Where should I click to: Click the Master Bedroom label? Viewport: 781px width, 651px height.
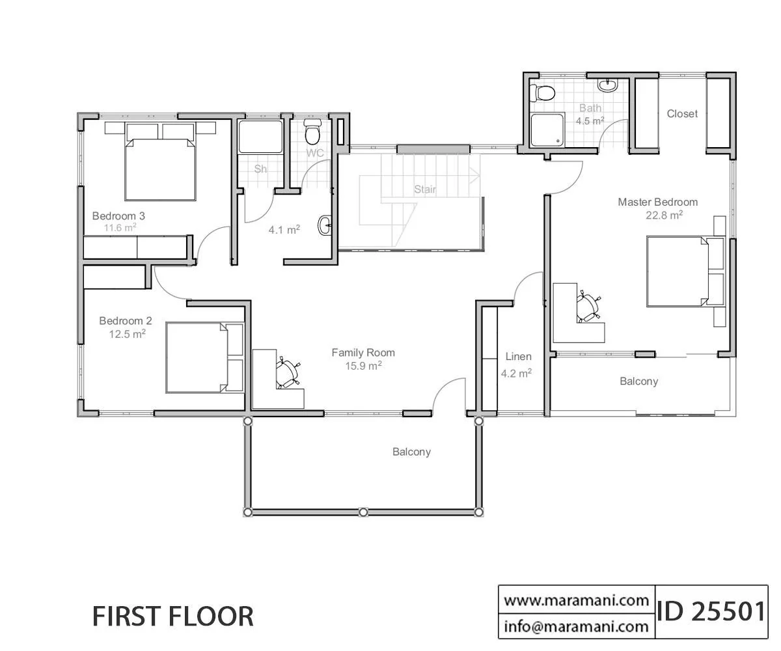point(657,202)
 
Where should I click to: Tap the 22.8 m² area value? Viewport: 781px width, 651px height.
point(664,215)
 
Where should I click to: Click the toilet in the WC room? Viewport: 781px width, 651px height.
point(312,132)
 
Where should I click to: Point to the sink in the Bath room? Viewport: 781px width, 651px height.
point(608,85)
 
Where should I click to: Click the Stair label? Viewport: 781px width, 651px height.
point(425,189)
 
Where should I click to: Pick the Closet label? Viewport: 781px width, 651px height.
point(682,114)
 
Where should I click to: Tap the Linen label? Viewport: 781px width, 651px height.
point(519,357)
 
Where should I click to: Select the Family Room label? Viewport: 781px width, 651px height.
point(363,353)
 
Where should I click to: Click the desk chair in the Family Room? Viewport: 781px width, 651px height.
point(287,372)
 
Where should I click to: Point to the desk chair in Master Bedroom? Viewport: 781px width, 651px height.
point(588,307)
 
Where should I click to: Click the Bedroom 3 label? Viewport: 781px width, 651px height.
point(118,216)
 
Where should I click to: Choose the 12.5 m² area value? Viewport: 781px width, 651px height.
point(127,334)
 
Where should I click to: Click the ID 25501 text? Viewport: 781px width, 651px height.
point(711,612)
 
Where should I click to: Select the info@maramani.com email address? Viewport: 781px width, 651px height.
point(576,626)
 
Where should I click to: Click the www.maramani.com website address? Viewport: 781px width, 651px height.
point(576,601)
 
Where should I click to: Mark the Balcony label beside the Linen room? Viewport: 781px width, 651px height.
point(639,381)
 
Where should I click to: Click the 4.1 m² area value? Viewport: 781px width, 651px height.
point(284,230)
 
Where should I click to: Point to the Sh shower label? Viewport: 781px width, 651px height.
point(260,169)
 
